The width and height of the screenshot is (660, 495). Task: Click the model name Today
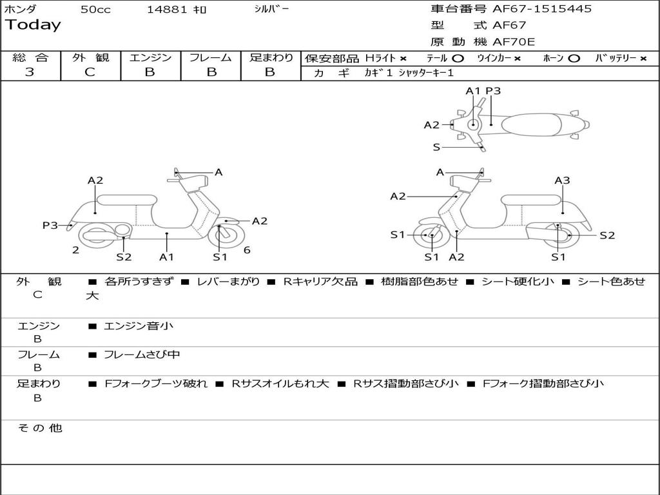(x=33, y=25)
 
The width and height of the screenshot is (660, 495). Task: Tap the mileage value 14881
(x=167, y=10)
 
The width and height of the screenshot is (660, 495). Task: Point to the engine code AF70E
(x=514, y=43)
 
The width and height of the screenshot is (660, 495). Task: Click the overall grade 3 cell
(x=30, y=72)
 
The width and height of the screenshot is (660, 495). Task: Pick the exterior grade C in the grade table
(x=90, y=72)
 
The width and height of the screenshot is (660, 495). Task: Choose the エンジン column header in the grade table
(x=150, y=57)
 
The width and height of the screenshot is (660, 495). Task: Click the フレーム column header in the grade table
(x=210, y=57)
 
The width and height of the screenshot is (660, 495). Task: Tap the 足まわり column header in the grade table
(x=271, y=57)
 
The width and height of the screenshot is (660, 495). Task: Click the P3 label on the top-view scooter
(x=493, y=91)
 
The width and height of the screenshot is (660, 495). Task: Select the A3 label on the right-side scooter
(x=562, y=180)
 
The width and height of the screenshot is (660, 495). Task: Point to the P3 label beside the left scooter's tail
(x=50, y=225)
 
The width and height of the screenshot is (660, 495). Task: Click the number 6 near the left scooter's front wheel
(x=247, y=250)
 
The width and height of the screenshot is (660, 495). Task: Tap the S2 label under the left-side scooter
(x=124, y=257)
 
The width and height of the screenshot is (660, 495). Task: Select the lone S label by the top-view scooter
(x=436, y=147)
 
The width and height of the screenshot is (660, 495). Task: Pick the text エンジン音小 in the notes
(x=139, y=326)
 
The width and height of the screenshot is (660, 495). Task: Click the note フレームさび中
(x=142, y=354)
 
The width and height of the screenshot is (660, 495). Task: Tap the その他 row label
(x=39, y=428)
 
